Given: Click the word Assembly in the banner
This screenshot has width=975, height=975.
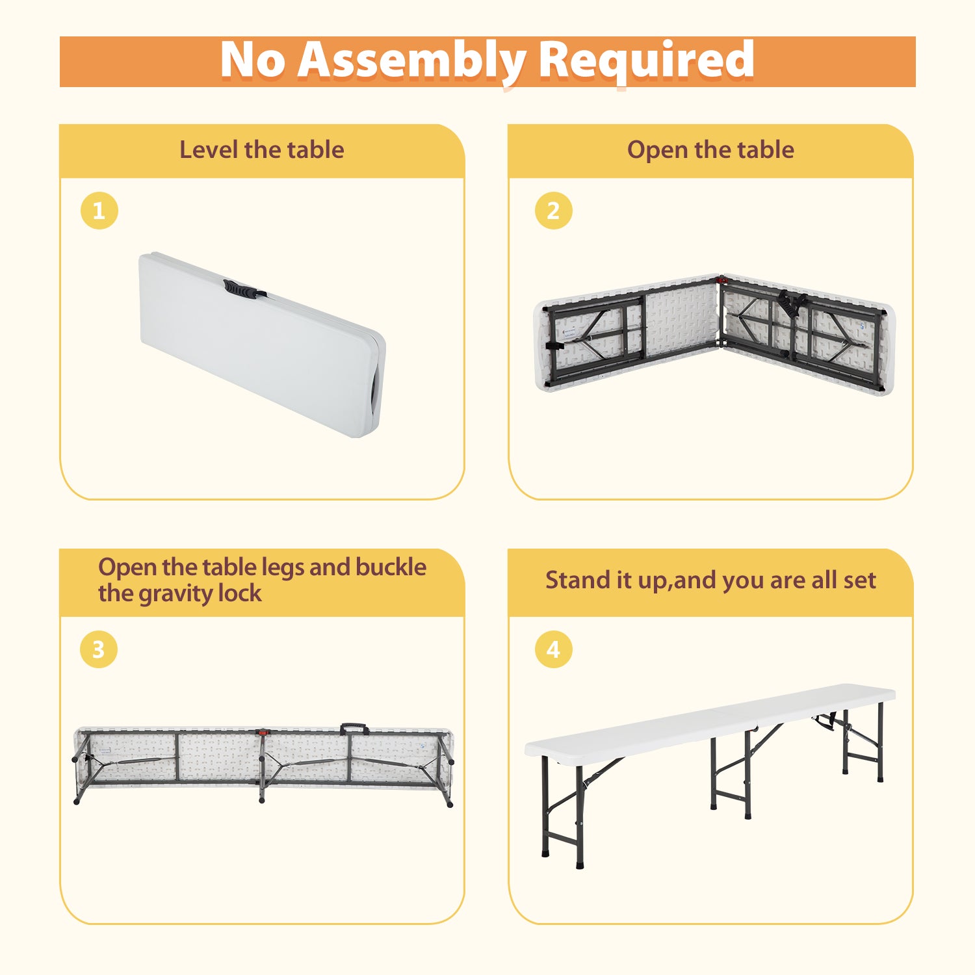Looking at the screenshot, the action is click(x=411, y=61).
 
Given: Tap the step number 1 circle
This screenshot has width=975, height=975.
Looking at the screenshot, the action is click(x=99, y=211).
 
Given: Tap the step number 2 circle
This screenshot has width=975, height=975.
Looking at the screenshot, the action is click(x=553, y=211).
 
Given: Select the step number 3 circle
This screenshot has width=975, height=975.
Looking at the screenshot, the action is click(x=99, y=649).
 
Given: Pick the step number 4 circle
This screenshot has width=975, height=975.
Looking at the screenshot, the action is click(x=553, y=649).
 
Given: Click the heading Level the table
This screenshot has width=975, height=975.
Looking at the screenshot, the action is click(x=262, y=150).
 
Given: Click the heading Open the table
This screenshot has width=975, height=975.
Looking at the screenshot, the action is click(x=710, y=150).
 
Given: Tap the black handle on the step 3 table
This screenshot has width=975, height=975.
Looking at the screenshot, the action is click(x=354, y=729).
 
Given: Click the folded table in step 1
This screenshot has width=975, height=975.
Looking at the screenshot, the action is click(x=262, y=344).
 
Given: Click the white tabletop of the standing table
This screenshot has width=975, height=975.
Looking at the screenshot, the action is click(x=710, y=720).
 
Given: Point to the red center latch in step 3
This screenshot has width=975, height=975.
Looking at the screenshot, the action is click(x=262, y=733).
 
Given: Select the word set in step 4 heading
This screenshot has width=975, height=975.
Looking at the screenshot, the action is click(x=859, y=580).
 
